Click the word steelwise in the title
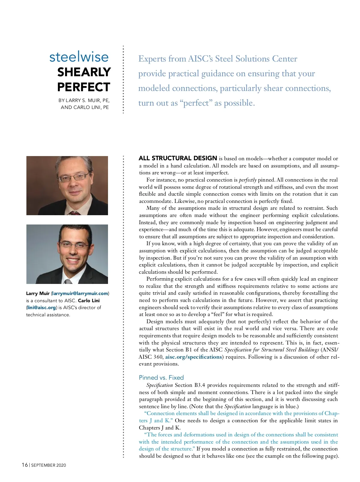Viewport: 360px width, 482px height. pos(79,57)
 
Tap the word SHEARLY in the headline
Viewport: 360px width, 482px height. pos(84,72)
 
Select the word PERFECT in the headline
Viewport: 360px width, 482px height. pos(84,87)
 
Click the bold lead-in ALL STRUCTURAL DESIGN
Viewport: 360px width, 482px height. pos(178,158)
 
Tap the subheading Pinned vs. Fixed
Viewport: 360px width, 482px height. pos(161,378)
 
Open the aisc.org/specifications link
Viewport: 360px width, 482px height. pos(193,357)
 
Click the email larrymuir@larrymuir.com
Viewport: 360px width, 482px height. pos(80,294)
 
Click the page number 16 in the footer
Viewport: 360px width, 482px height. pos(25,465)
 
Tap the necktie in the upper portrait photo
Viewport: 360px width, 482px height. pos(74,213)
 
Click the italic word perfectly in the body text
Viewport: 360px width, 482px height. pos(247,180)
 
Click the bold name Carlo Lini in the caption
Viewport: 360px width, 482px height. pos(89,300)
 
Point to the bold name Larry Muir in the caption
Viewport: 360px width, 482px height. pos(38,294)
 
